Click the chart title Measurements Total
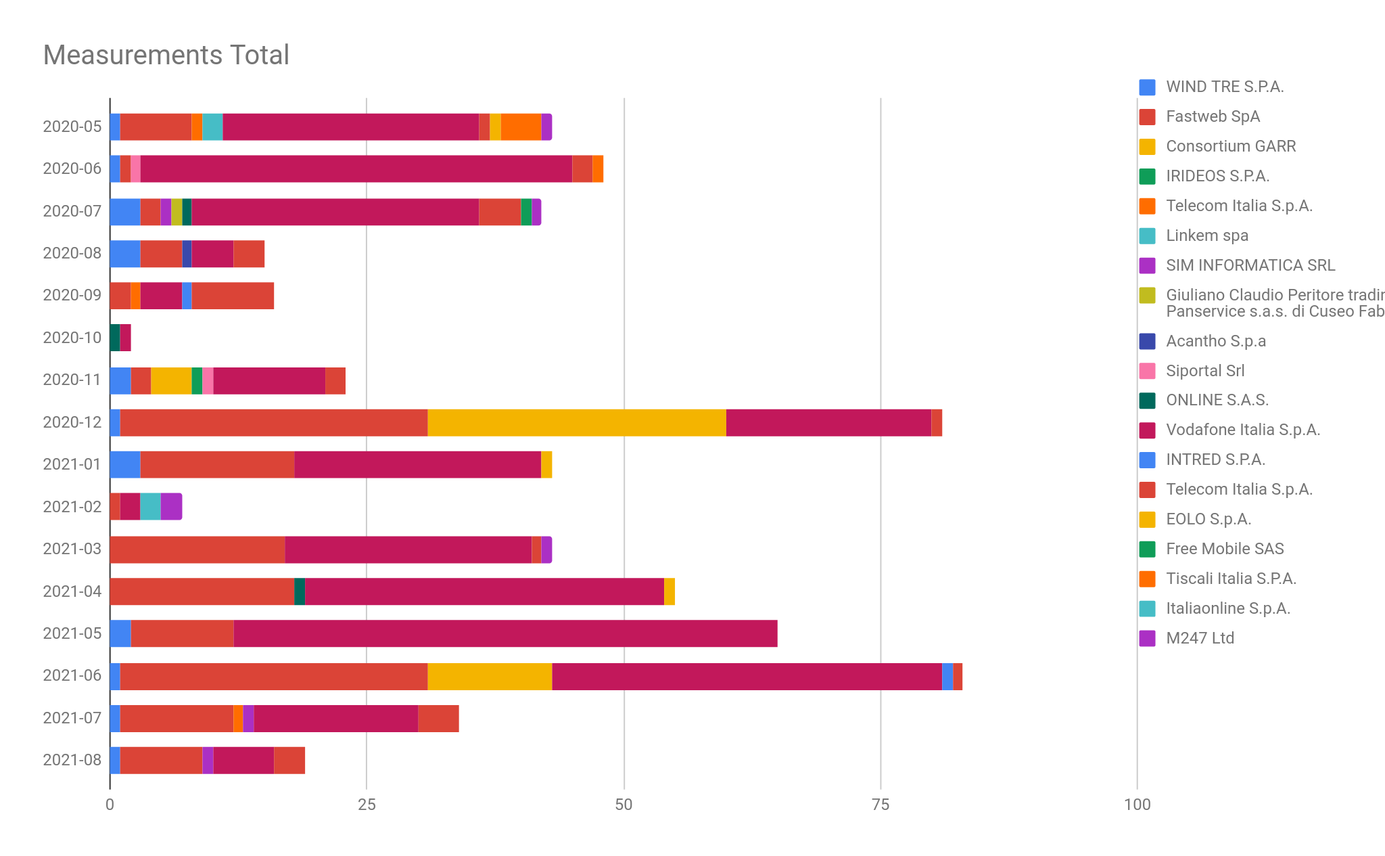pyautogui.click(x=166, y=55)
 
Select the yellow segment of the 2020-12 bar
pyautogui.click(x=576, y=422)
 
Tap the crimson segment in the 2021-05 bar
pyautogui.click(x=505, y=633)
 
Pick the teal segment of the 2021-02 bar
pyautogui.click(x=150, y=507)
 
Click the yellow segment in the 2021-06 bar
pyautogui.click(x=490, y=676)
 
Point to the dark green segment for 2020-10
pyautogui.click(x=115, y=338)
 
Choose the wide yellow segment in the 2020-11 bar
pyautogui.click(x=171, y=380)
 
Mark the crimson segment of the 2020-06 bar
pyautogui.click(x=356, y=168)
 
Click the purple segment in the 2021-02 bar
pyautogui.click(x=171, y=507)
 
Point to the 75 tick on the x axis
pyautogui.click(x=880, y=805)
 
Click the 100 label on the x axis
pyautogui.click(x=1137, y=805)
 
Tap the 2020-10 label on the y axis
pyautogui.click(x=72, y=338)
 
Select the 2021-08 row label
pyautogui.click(x=72, y=760)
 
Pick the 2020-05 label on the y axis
pyautogui.click(x=72, y=127)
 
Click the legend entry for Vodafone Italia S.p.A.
pyautogui.click(x=1242, y=430)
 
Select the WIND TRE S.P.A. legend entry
pyautogui.click(x=1224, y=87)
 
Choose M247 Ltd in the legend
pyautogui.click(x=1200, y=638)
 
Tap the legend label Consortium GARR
pyautogui.click(x=1230, y=146)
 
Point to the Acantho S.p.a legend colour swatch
pyautogui.click(x=1147, y=341)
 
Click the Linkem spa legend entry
pyautogui.click(x=1206, y=235)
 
